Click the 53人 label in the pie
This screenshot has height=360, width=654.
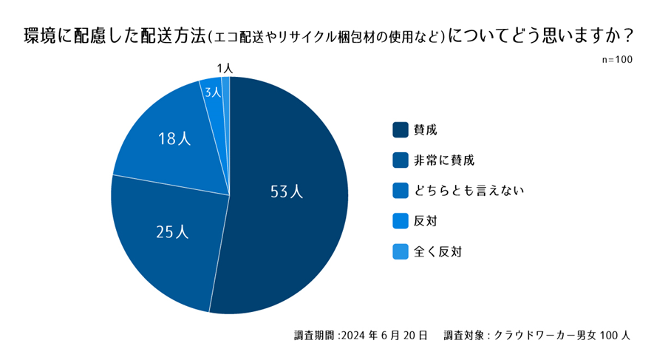[x=287, y=191]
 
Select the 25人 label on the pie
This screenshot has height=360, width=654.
[x=173, y=231]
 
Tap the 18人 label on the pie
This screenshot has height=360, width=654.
[x=174, y=138]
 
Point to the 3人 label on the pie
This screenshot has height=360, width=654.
[x=213, y=92]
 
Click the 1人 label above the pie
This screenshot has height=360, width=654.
[x=226, y=68]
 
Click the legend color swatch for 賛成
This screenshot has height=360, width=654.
[x=400, y=129]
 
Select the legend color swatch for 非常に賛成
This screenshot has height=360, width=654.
[x=400, y=160]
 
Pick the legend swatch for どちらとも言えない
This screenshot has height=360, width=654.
[x=400, y=191]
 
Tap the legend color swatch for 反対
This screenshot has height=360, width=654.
[x=400, y=221]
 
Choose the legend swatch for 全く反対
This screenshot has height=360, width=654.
[x=400, y=251]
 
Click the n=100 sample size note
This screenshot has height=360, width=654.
[x=617, y=60]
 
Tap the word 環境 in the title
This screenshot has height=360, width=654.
[x=38, y=35]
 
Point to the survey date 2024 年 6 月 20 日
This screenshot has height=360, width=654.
[x=384, y=336]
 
